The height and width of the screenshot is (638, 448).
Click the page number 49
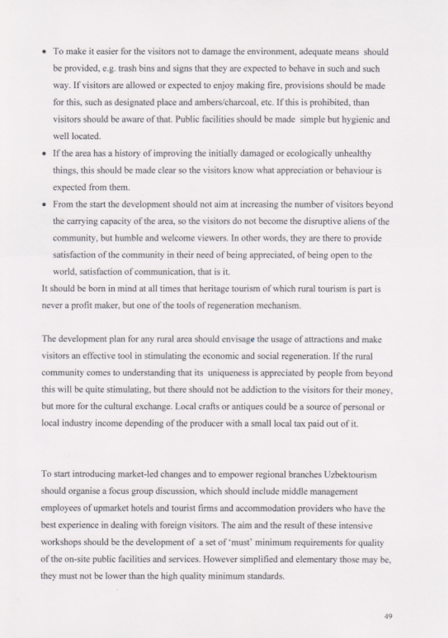pyautogui.click(x=388, y=616)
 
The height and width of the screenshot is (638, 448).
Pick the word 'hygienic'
pyautogui.click(x=353, y=119)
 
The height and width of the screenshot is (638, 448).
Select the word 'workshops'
pyautogui.click(x=62, y=542)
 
